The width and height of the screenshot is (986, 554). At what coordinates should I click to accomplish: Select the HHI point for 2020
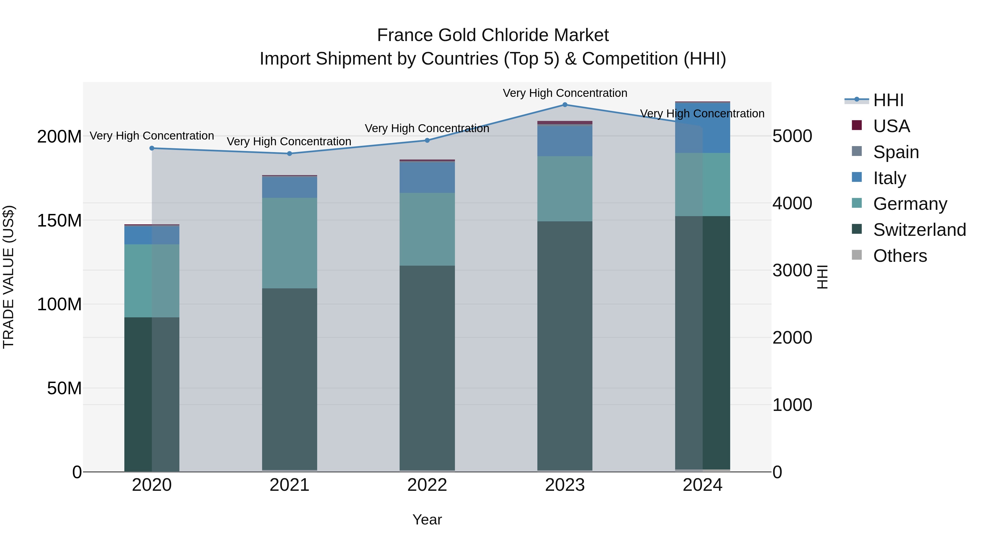(152, 148)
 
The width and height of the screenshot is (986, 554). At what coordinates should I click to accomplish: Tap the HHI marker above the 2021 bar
(290, 154)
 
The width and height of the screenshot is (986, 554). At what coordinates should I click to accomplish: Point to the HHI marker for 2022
(427, 140)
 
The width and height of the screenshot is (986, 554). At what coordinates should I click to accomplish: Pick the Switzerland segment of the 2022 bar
(427, 367)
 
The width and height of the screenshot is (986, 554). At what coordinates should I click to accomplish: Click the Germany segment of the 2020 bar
(152, 281)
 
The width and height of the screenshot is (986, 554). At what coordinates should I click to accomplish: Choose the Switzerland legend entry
(919, 230)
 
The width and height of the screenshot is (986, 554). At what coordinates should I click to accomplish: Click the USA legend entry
(891, 126)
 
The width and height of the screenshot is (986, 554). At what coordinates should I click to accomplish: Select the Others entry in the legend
(899, 256)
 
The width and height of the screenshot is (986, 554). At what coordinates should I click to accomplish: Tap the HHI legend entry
(888, 100)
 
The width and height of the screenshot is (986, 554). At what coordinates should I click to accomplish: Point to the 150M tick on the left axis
(59, 221)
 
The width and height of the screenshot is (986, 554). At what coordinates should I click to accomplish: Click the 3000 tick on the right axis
(792, 270)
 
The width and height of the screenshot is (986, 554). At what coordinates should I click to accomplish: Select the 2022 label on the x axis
(427, 485)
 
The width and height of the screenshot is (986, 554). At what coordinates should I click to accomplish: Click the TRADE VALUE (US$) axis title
(8, 277)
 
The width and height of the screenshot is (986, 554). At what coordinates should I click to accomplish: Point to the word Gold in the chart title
(455, 35)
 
